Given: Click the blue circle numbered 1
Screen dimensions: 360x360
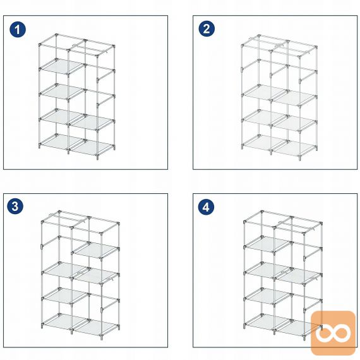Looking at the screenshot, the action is (x=18, y=30).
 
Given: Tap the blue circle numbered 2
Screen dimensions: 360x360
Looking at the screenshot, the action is (x=207, y=28).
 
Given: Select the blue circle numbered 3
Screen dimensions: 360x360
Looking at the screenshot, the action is (x=15, y=206).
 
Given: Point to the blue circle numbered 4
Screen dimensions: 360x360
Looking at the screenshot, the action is (x=206, y=207).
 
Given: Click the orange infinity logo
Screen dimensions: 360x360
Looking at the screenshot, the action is (x=333, y=333).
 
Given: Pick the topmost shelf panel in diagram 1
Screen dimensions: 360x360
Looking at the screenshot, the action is (x=62, y=66).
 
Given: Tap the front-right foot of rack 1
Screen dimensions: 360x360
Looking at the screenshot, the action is (x=97, y=158).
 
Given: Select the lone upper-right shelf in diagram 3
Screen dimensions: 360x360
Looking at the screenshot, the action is (x=96, y=250).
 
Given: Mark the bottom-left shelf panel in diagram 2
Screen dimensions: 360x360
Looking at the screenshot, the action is (x=265, y=143).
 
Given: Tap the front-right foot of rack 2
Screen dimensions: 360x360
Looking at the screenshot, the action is (x=299, y=159).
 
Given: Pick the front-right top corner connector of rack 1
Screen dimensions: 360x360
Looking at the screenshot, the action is (x=97, y=56).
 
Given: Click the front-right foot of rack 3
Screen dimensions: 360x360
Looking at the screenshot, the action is (x=102, y=337).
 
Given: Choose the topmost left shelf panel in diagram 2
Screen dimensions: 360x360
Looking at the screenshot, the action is (x=265, y=92).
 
